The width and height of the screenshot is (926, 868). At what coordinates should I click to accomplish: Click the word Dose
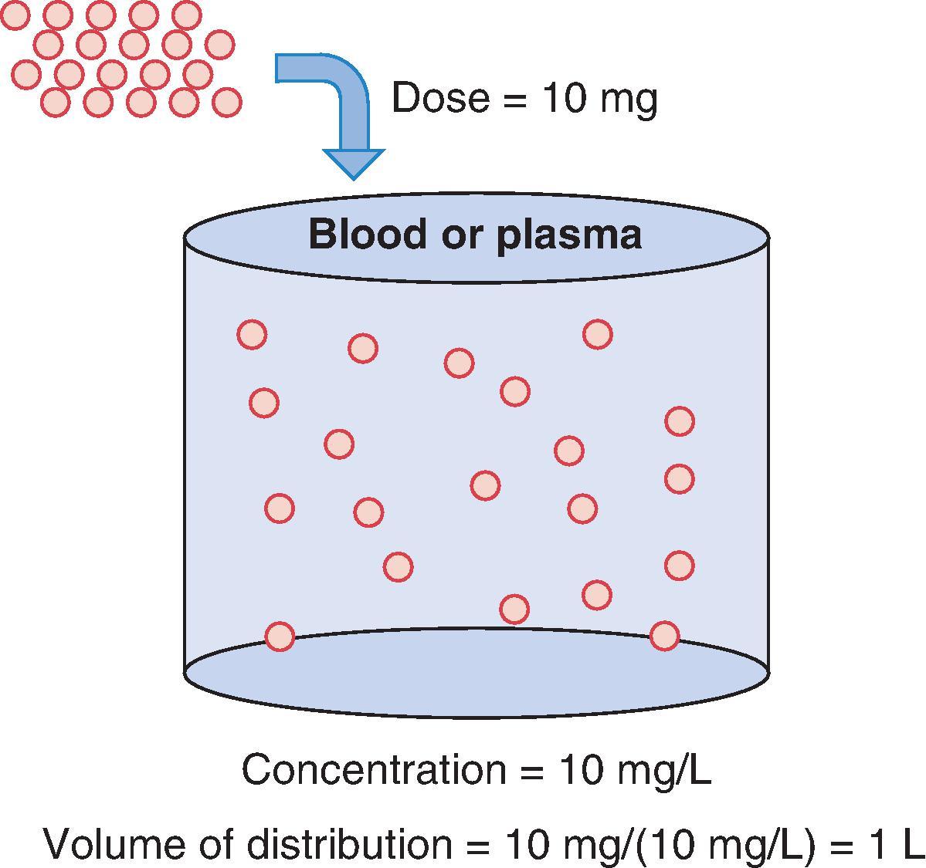(x=440, y=99)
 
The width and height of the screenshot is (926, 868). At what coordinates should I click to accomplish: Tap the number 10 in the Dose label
(x=567, y=99)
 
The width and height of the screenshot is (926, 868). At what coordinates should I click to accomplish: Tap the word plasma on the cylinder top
(x=568, y=235)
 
